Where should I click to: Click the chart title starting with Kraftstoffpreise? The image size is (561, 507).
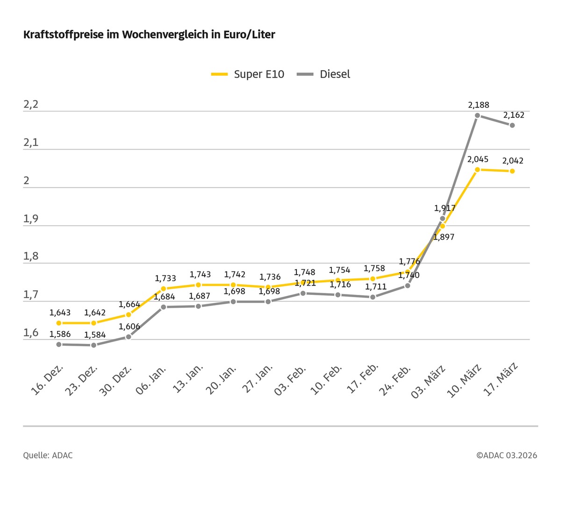(x=149, y=35)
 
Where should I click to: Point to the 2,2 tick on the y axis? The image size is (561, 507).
(x=31, y=105)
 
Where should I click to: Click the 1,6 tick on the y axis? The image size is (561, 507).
(x=31, y=333)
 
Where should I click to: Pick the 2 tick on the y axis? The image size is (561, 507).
(x=27, y=180)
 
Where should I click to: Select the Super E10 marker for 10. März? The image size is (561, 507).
(x=477, y=170)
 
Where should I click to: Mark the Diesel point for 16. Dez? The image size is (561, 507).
(x=59, y=344)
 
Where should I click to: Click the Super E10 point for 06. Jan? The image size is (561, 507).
(x=163, y=288)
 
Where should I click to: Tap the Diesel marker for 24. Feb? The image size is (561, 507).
(x=408, y=286)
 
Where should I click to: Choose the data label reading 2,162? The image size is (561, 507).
(x=513, y=115)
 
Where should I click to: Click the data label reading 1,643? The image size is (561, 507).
(x=60, y=313)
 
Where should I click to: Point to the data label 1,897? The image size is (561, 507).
(x=444, y=237)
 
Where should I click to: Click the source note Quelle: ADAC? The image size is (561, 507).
(x=48, y=455)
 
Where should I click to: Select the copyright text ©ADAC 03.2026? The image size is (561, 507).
(x=507, y=455)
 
